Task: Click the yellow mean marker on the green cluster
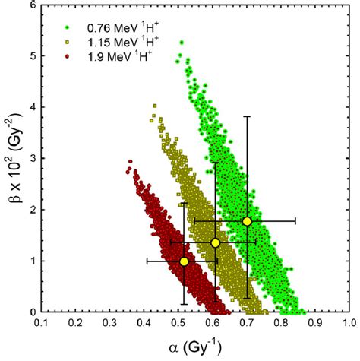pyautogui.click(x=247, y=221)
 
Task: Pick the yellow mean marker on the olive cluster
pyautogui.click(x=216, y=242)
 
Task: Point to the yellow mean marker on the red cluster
pyautogui.click(x=184, y=261)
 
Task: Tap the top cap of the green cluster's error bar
pyautogui.click(x=247, y=116)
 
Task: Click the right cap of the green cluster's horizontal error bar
pyautogui.click(x=295, y=221)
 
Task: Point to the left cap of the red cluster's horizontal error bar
pyautogui.click(x=147, y=261)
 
